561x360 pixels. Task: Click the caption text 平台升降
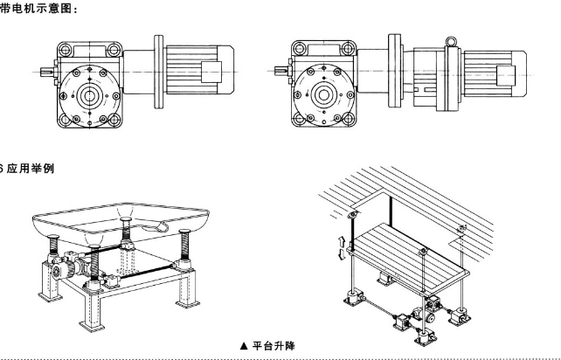point(273,345)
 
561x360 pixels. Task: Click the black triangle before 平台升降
point(244,345)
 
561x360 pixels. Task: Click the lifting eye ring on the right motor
point(451,40)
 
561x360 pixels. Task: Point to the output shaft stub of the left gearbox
point(46,71)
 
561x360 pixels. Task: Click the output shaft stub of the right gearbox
point(283,72)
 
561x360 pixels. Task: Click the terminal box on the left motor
point(214,70)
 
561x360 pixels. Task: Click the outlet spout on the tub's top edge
point(162,225)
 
